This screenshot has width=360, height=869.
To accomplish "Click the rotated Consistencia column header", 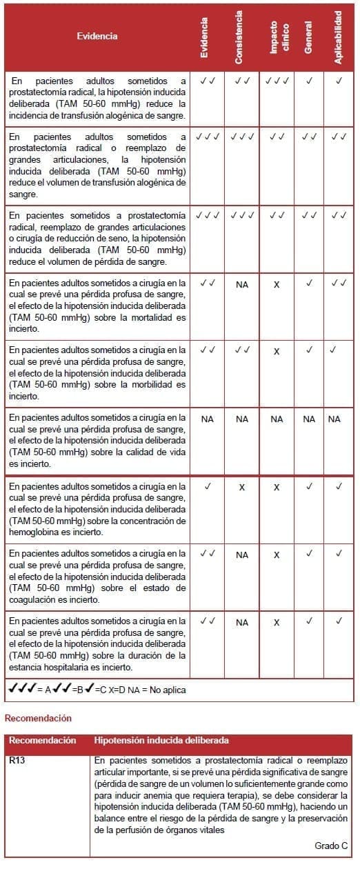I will pyautogui.click(x=239, y=37).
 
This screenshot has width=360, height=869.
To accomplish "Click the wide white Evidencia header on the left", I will pyautogui.click(x=97, y=36).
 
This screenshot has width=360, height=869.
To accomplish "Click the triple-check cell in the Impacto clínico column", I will pyautogui.click(x=277, y=81).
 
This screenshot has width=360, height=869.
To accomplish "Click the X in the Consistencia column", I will pyautogui.click(x=241, y=487).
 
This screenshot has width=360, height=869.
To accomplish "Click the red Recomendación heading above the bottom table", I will pyautogui.click(x=38, y=718).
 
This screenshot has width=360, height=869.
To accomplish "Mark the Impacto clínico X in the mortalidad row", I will pyautogui.click(x=277, y=284).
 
